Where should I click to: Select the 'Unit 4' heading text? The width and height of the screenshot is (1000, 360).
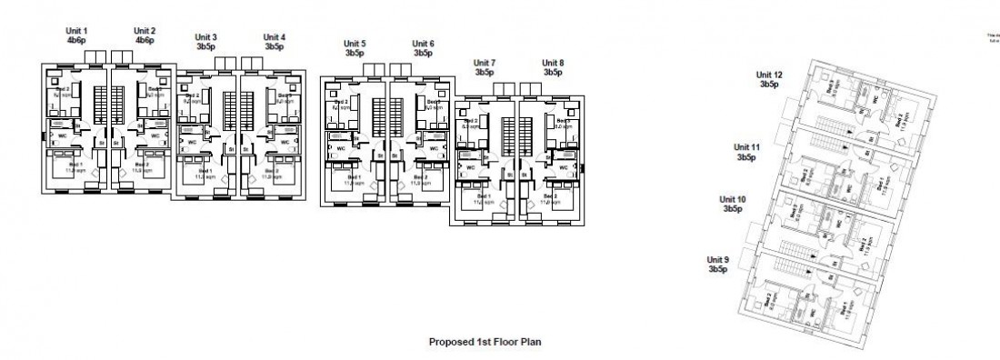(x=275, y=37)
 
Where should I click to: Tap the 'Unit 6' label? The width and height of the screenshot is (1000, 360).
(x=423, y=44)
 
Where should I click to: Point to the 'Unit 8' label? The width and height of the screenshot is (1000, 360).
(x=553, y=63)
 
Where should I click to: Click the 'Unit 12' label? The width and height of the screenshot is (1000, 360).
(x=769, y=75)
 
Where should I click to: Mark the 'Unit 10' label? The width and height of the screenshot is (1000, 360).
(x=733, y=199)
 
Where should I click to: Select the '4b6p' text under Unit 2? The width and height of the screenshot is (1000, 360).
(x=145, y=41)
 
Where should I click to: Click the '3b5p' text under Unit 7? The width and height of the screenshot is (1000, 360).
(x=485, y=72)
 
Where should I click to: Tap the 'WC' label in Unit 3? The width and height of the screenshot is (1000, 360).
(x=192, y=143)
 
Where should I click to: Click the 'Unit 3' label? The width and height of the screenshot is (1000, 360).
(x=206, y=37)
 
